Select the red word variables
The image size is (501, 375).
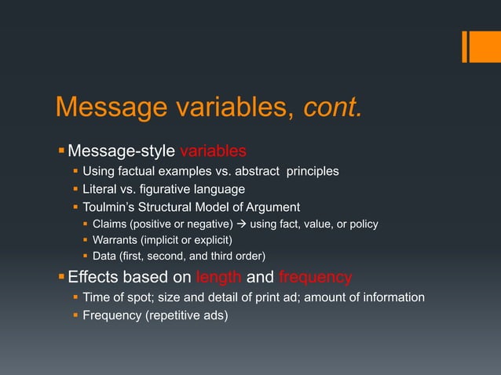[x=214, y=151]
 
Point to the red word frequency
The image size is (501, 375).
[x=316, y=277]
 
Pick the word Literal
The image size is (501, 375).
[x=100, y=189]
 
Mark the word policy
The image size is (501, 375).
[x=362, y=224]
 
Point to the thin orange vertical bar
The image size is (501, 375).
[x=465, y=46]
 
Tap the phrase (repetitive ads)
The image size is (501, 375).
[x=185, y=315]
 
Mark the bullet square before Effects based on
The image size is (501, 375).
[x=61, y=277]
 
